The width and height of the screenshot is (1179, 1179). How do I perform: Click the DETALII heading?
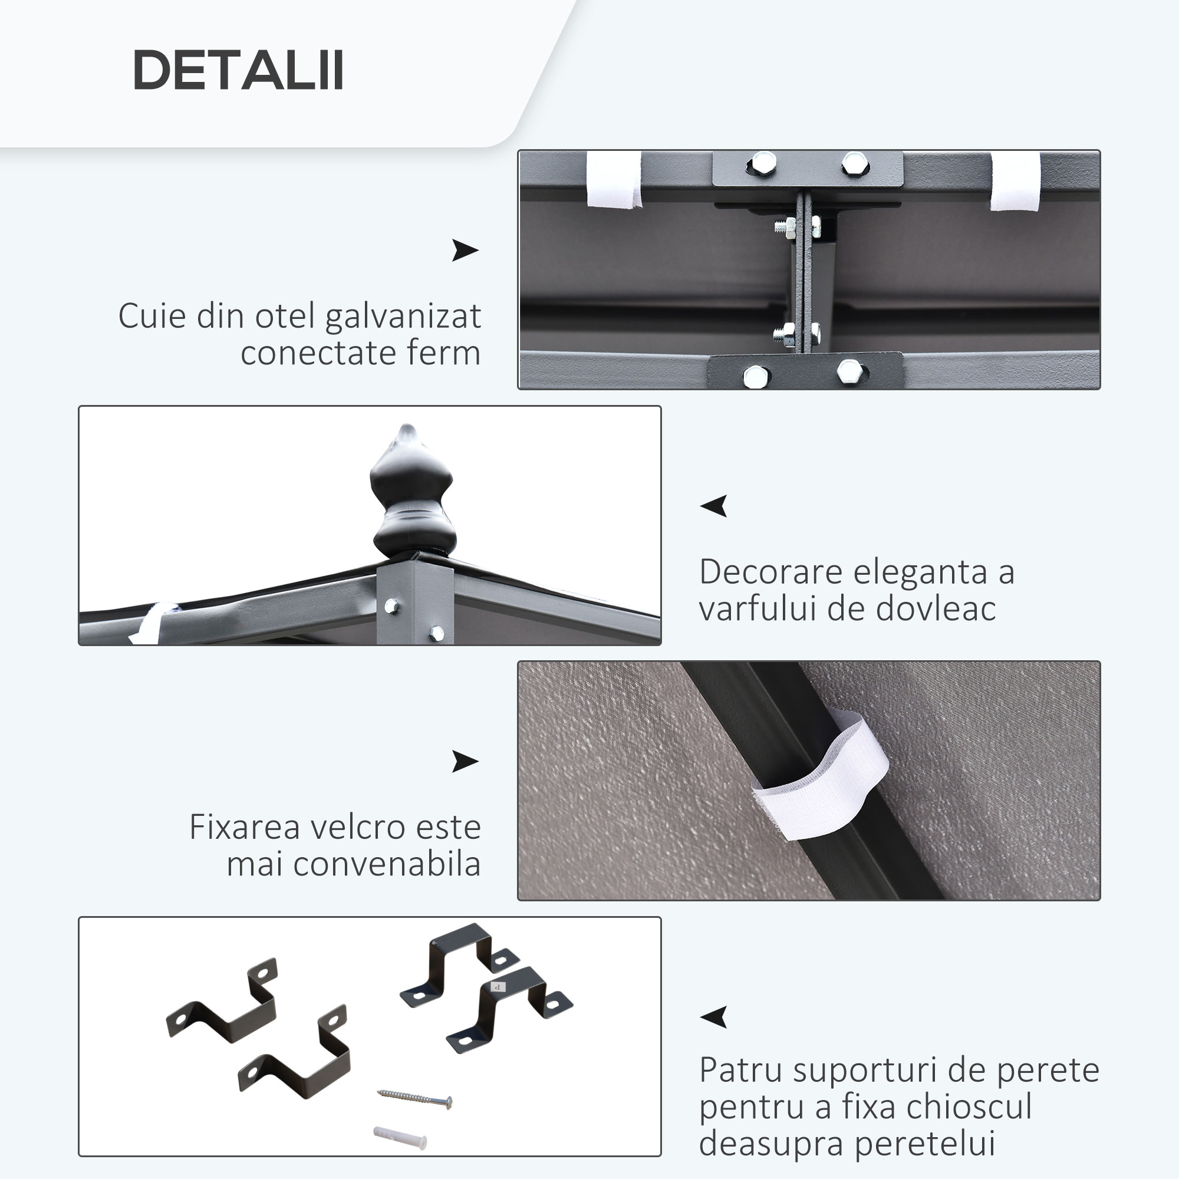(x=238, y=70)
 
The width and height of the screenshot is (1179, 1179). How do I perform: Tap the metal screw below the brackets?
(x=415, y=1098)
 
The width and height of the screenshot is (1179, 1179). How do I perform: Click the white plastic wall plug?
(x=400, y=1138)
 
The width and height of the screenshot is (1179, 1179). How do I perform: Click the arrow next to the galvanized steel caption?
(x=465, y=250)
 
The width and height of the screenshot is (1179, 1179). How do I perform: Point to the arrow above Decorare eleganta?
(x=714, y=505)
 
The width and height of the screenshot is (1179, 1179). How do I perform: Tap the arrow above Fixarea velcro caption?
(x=465, y=762)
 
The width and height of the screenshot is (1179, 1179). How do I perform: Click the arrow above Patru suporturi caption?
(x=714, y=1017)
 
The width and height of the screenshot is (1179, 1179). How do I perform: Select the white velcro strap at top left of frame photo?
(x=614, y=180)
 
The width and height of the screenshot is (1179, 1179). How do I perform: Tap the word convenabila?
(x=387, y=864)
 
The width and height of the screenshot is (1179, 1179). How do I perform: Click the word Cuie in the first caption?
(x=152, y=317)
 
